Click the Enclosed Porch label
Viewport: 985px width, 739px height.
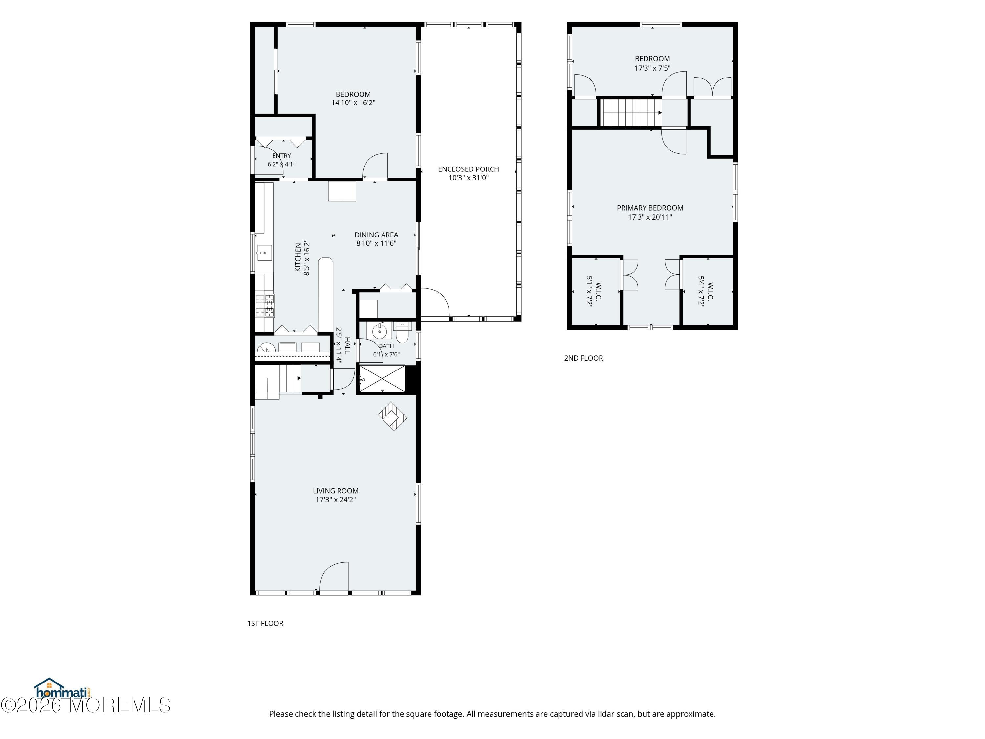(x=469, y=169)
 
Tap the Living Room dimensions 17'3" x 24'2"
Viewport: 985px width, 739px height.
(x=336, y=499)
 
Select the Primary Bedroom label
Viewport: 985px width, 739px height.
(x=650, y=208)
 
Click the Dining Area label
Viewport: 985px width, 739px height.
(x=376, y=235)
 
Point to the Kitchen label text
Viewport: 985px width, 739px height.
(x=298, y=258)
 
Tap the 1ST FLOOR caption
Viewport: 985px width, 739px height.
(x=265, y=623)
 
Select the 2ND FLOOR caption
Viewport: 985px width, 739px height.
(x=583, y=358)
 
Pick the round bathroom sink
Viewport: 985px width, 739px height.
(x=380, y=331)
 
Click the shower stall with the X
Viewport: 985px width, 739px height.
(x=382, y=379)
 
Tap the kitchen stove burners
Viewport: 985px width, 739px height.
(x=265, y=305)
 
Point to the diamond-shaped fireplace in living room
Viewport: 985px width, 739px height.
(x=392, y=416)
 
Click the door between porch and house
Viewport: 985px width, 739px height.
(x=435, y=303)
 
